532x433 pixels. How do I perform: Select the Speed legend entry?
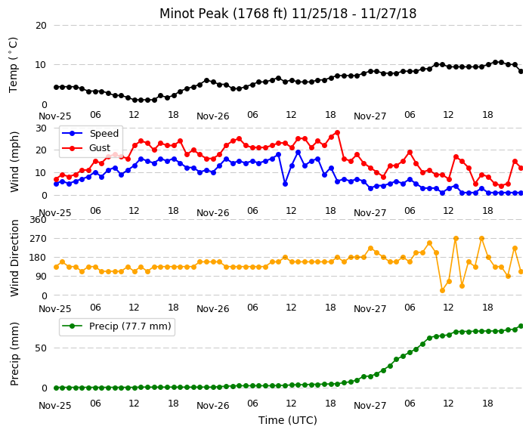tap(90, 133)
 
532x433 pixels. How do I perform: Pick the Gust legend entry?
tap(86, 148)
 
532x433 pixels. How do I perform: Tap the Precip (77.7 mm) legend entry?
tap(116, 326)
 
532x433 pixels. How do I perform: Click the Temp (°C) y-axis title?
tap(13, 65)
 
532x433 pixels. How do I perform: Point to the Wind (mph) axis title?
tap(14, 162)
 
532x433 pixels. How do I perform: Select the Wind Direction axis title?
tap(14, 258)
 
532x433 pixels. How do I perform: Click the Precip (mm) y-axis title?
tap(14, 354)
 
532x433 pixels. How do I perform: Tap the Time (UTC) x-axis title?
tap(288, 420)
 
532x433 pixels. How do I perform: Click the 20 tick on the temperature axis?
tap(41, 26)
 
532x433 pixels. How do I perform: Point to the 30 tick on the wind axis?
tap(41, 128)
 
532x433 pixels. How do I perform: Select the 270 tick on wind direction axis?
tap(38, 239)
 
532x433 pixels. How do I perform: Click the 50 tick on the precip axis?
tap(41, 348)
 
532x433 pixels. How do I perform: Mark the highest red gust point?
tap(337, 133)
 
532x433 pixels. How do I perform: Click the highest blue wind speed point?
tap(298, 153)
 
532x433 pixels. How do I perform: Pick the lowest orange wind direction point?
tap(442, 290)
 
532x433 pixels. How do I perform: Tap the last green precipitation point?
tap(521, 326)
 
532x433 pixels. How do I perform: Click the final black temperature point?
tap(521, 71)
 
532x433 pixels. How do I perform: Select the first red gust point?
tap(57, 180)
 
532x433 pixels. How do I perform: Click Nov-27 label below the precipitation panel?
tap(370, 406)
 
